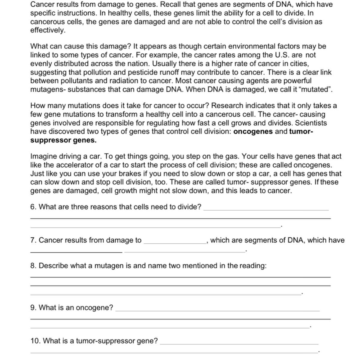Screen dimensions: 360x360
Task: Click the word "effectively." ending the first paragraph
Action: (48, 30)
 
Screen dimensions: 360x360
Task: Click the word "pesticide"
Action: (143, 72)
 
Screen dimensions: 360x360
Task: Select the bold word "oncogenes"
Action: (253, 132)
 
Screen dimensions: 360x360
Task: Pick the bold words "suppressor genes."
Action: (63, 140)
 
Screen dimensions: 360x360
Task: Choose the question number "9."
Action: (34, 308)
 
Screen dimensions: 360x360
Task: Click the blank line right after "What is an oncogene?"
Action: (217, 309)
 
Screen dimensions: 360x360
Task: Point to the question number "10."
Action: (36, 341)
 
